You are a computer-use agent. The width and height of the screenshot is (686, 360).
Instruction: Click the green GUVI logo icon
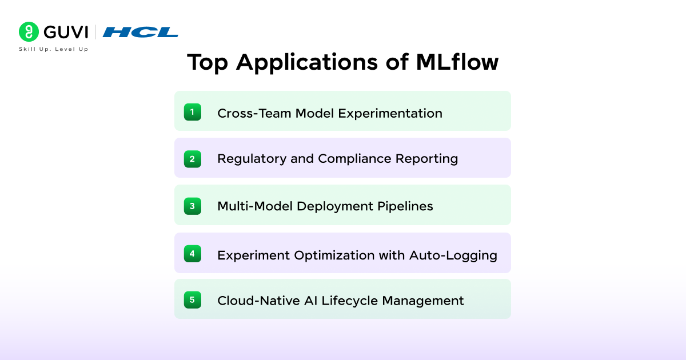29,32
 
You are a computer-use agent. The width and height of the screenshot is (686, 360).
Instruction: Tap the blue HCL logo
140,32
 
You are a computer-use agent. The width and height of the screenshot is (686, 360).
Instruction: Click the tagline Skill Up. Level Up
53,49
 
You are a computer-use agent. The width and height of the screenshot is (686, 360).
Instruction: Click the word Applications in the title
306,62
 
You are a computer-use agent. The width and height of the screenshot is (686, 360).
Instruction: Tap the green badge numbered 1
192,112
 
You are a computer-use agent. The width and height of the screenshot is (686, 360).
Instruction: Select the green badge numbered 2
192,159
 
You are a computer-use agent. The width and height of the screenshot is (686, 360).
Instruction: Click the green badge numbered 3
192,206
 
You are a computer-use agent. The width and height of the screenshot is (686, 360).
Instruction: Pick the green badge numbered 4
192,253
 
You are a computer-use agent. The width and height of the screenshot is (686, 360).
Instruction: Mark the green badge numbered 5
192,299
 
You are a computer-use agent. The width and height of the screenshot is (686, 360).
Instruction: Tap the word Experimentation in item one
390,113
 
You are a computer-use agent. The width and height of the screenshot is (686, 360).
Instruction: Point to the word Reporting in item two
427,159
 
